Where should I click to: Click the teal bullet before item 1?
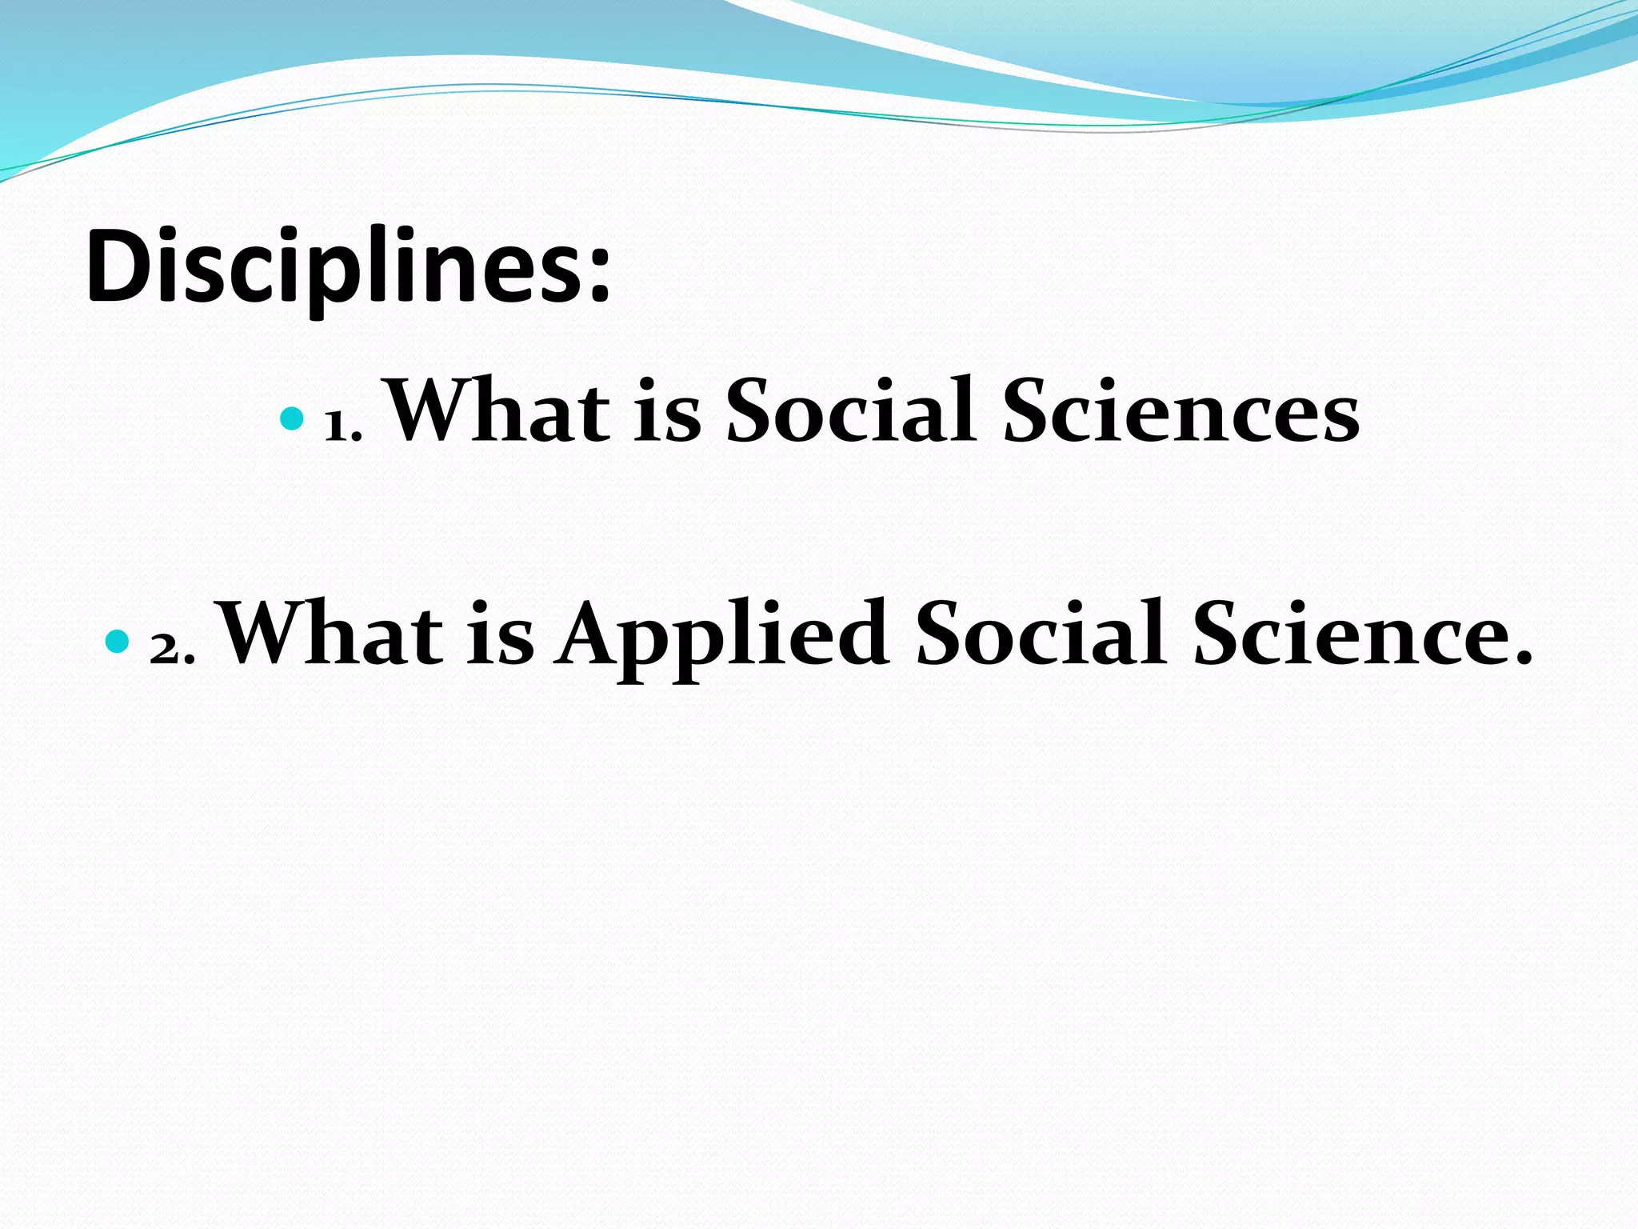click(293, 418)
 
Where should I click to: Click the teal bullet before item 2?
click(117, 641)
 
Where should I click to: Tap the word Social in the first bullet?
click(851, 412)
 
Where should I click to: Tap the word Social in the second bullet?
click(1041, 635)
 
